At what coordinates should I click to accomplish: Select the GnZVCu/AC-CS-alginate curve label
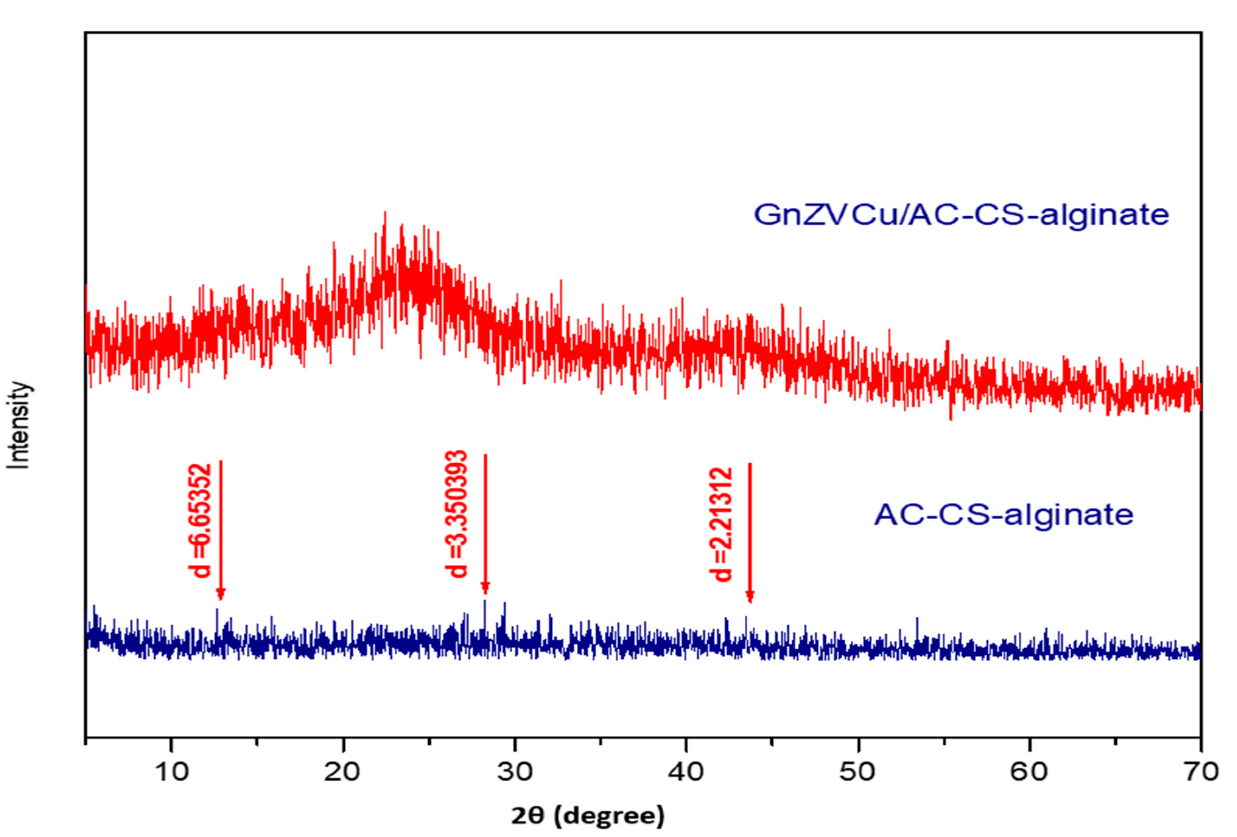click(x=961, y=214)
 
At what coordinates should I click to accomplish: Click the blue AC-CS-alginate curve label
click(x=1004, y=515)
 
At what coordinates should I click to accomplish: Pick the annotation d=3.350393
click(x=457, y=514)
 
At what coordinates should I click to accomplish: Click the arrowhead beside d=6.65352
click(x=221, y=595)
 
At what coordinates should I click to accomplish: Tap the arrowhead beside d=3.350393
click(x=485, y=589)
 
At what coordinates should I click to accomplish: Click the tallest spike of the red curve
click(x=384, y=213)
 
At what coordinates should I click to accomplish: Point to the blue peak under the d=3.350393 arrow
click(x=485, y=602)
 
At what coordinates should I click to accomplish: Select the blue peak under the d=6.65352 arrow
click(x=217, y=610)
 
